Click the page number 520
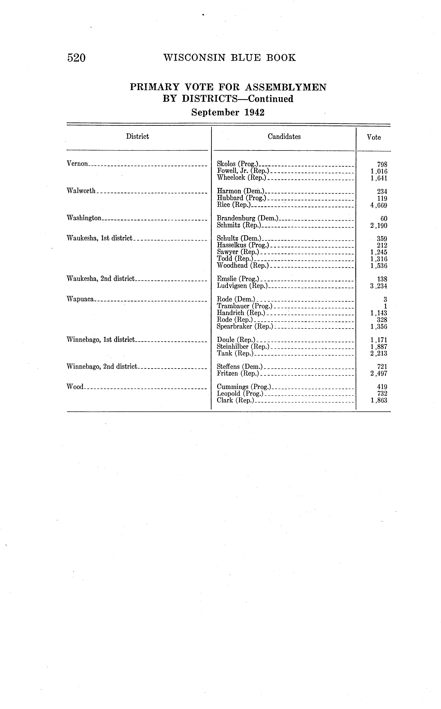(76, 58)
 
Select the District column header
(137, 137)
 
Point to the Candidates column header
(284, 137)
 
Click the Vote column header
(374, 137)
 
